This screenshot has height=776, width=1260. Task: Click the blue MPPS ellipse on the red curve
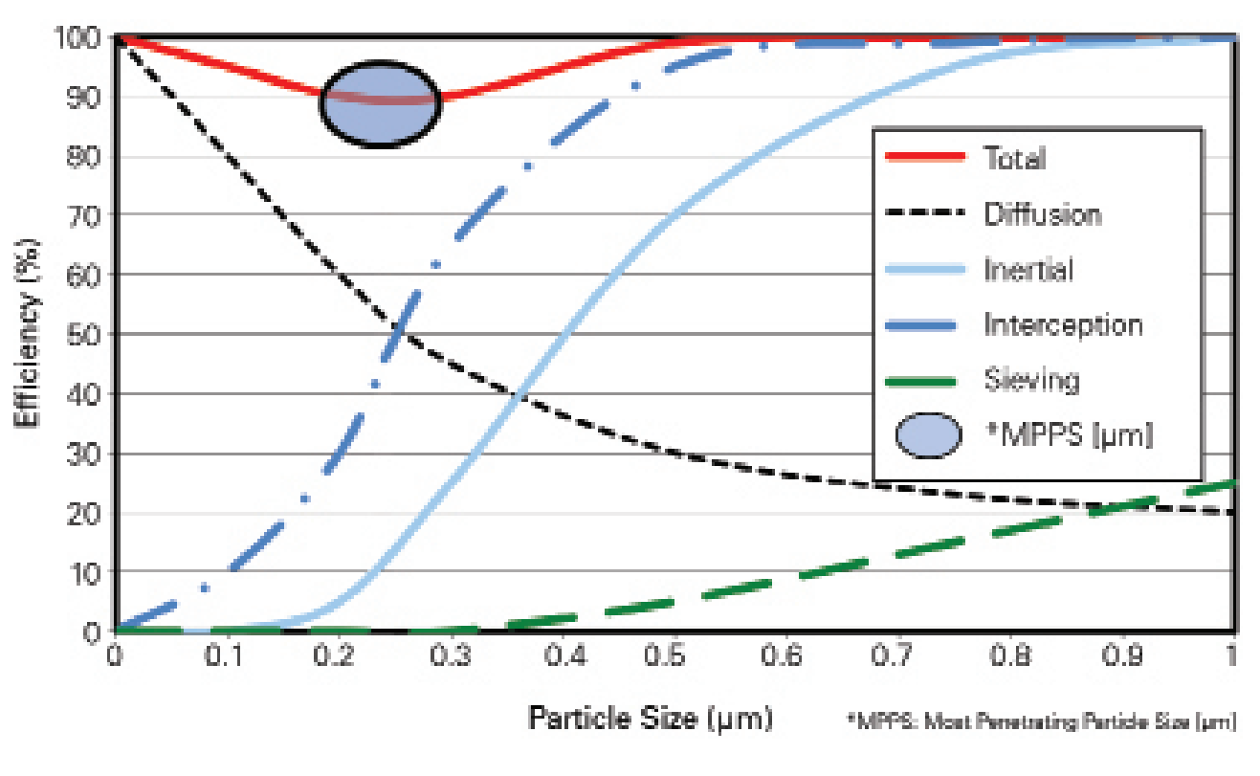[x=380, y=104]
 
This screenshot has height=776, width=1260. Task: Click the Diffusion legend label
[x=1043, y=213]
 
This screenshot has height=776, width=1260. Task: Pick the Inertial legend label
[x=1028, y=269]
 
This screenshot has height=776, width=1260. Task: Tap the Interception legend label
[x=1063, y=324]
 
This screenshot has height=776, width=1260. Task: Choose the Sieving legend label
[x=1031, y=380]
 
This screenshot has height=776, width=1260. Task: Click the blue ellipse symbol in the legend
[x=928, y=435]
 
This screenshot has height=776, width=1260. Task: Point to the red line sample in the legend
[x=925, y=158]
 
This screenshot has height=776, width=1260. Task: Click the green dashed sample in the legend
[x=925, y=381]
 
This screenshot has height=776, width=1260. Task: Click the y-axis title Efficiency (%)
[x=29, y=334]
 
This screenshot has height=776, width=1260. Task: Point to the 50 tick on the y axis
[x=84, y=334]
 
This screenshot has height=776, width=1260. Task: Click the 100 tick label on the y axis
[x=78, y=38]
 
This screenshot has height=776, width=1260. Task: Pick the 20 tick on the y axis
[x=84, y=513]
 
